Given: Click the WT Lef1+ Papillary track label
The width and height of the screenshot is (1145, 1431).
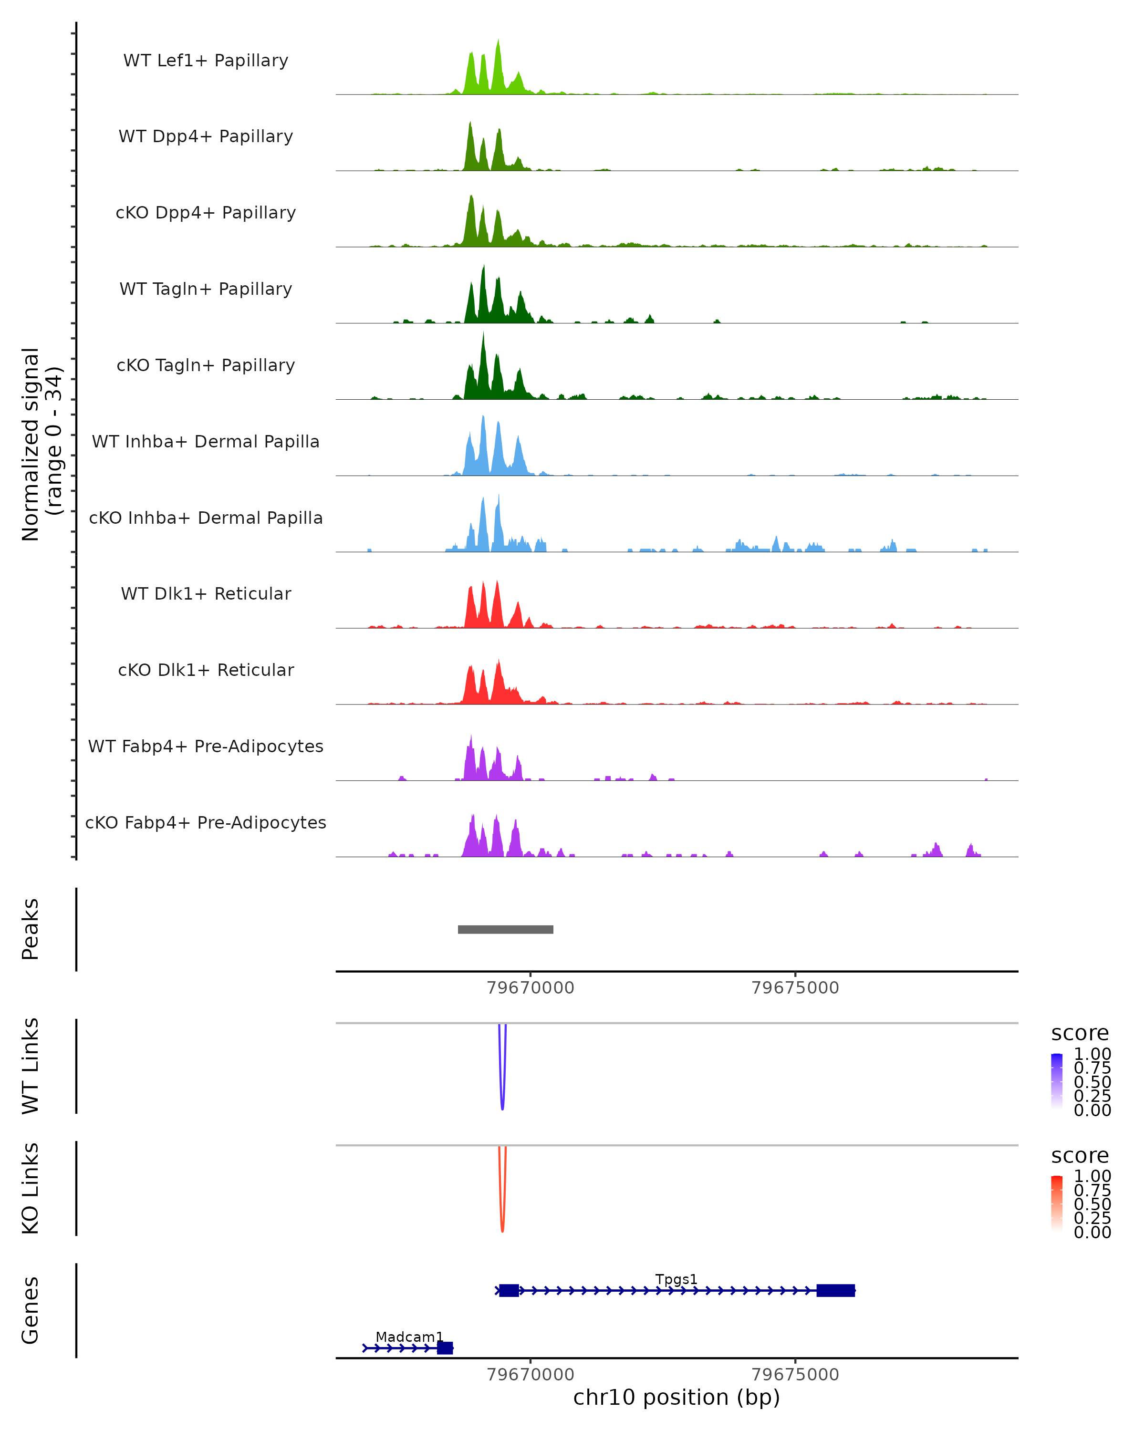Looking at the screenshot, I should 206,61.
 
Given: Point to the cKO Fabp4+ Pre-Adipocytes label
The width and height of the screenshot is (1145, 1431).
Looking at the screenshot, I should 206,822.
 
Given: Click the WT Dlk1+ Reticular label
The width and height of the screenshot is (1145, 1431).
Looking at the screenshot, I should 206,593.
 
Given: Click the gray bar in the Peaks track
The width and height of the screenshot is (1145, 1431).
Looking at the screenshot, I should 505,929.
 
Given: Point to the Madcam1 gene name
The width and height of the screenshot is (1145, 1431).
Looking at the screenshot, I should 409,1337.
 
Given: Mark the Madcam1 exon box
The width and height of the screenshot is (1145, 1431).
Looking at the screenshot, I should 445,1348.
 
